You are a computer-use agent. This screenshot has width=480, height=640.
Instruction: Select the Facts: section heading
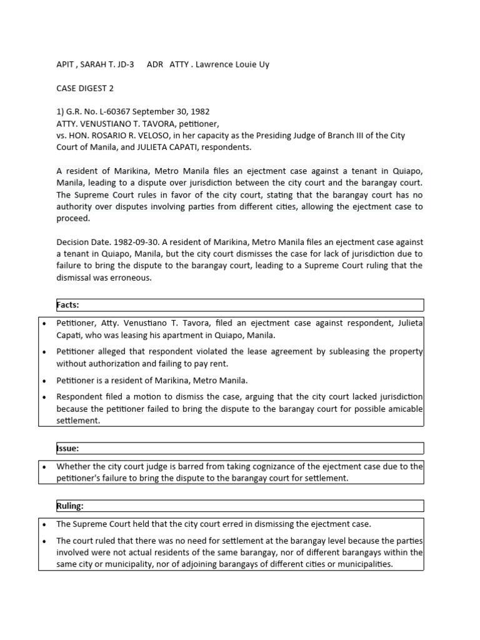68,305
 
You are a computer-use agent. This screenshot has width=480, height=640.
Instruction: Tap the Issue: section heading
67,448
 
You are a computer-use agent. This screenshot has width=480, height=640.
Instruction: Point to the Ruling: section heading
69,506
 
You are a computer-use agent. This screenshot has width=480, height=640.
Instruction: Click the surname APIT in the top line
66,64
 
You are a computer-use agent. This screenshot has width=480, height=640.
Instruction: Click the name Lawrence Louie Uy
232,64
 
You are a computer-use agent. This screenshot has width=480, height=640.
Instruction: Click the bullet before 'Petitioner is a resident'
43,380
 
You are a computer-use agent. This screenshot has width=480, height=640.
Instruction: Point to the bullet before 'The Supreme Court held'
43,524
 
